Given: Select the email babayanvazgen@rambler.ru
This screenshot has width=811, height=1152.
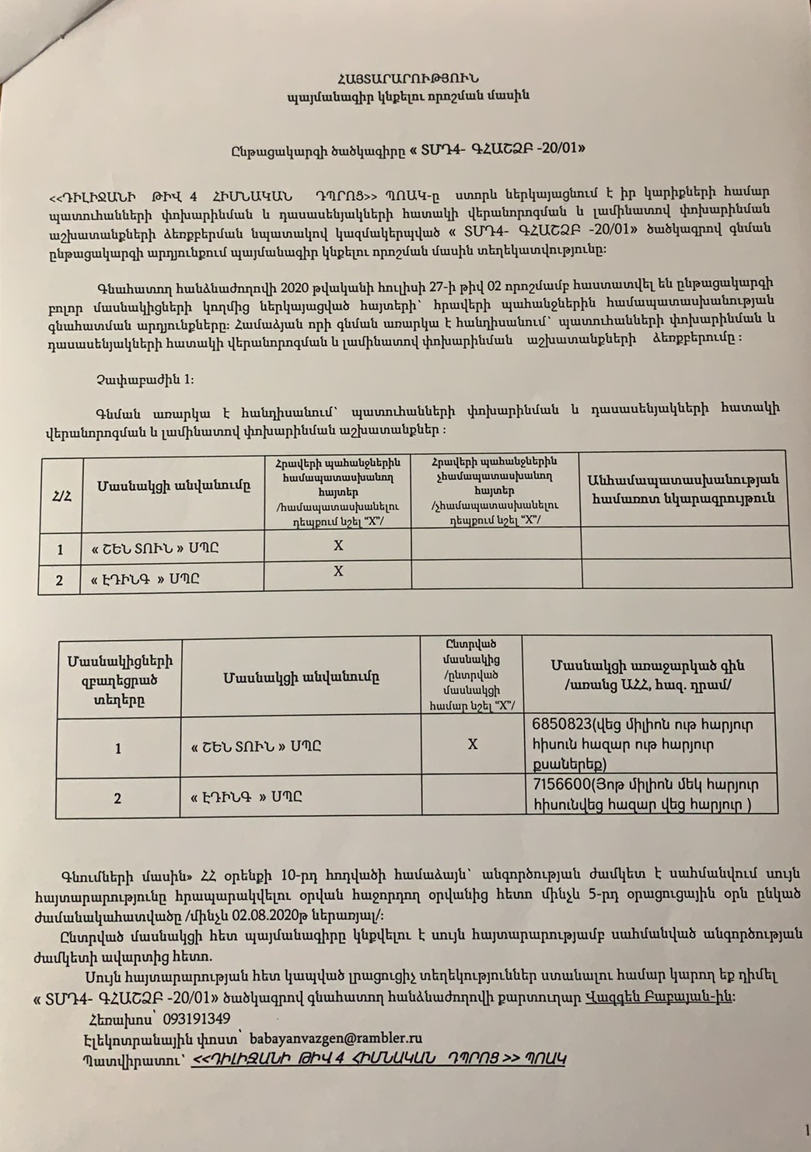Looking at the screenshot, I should coord(335,1038).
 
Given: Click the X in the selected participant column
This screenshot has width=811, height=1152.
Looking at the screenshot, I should coord(472,744).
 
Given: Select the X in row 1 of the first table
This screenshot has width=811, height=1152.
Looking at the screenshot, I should coord(338,546).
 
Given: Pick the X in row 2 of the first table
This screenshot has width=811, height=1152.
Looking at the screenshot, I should coord(338,572).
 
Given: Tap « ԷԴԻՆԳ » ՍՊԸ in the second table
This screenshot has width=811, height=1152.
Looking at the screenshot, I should coord(248,797).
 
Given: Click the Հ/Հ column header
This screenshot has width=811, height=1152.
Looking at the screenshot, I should coord(61,495).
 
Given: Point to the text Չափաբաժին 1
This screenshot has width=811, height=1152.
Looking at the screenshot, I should coord(145,379).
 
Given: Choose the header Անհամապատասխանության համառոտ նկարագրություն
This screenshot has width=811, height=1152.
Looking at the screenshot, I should coord(684,489).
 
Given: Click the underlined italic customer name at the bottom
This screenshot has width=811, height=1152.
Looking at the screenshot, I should coord(378,1059).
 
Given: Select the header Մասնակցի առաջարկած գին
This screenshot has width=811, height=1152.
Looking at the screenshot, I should coord(648,674).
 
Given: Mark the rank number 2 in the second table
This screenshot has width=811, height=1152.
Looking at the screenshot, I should coord(117,798).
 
